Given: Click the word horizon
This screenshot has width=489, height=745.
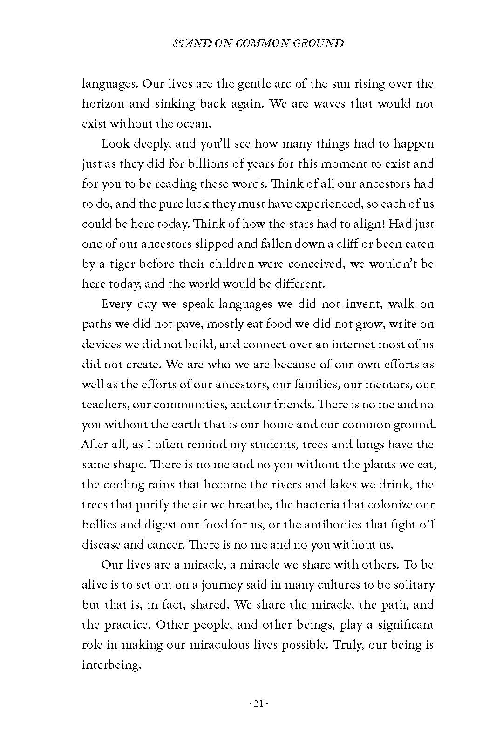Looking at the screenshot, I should [x=103, y=104].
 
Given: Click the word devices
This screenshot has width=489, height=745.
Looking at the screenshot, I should [x=101, y=344].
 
